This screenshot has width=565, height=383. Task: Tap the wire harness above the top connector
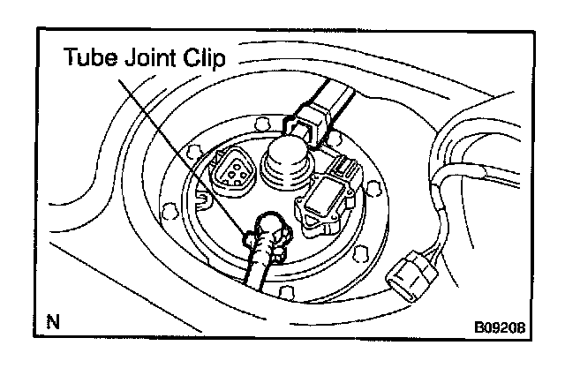click(339, 90)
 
